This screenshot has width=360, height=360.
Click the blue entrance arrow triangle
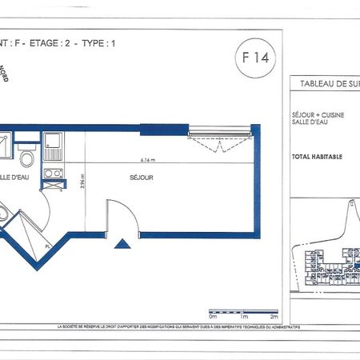tap(122, 245)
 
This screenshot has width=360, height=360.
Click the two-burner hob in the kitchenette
tap(53, 173)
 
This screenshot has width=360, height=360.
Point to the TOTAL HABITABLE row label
tap(318, 157)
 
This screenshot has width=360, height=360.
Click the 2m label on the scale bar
tap(275, 318)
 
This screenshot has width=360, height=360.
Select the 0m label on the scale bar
tap(212, 318)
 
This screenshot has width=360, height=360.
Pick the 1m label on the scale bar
tap(243, 318)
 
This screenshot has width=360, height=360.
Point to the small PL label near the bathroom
tap(48, 247)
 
